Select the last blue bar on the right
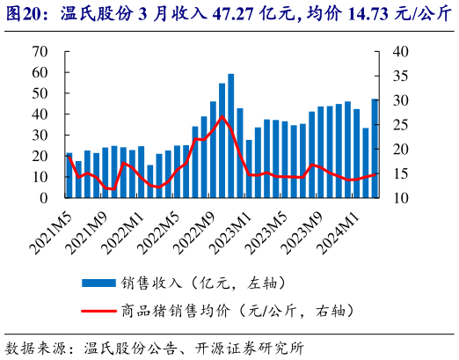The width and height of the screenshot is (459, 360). pos(375,149)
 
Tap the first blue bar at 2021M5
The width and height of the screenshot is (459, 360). pos(69,176)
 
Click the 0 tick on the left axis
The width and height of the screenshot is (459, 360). pos(44,199)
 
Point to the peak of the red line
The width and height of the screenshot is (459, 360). pos(222,117)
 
